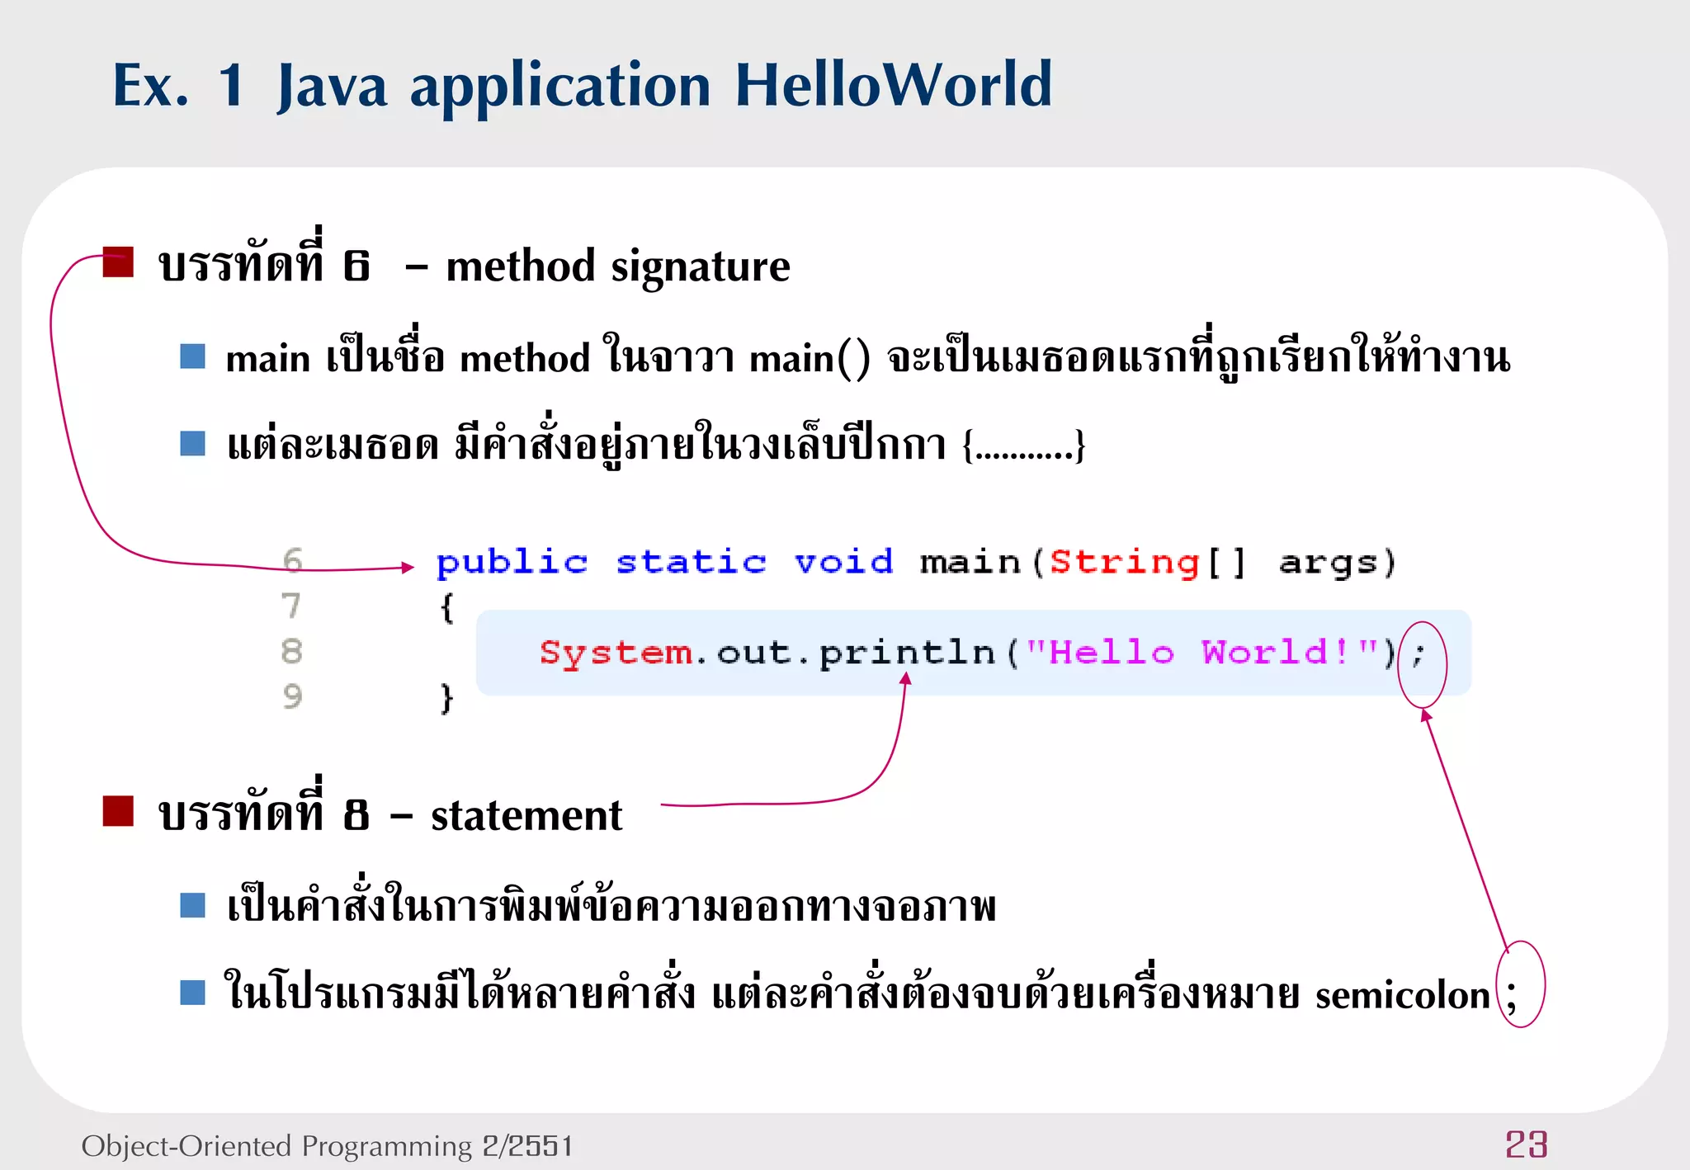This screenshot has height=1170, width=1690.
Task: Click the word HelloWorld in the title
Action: [x=893, y=85]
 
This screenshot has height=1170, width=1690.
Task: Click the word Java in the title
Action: [x=332, y=87]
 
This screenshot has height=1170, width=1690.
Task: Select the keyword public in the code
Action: [x=512, y=564]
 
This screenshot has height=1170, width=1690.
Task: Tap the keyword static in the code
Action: [x=692, y=563]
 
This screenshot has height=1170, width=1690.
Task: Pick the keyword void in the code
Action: [x=843, y=563]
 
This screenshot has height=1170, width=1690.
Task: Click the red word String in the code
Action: [x=1124, y=564]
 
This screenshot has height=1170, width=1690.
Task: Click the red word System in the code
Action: [x=616, y=653]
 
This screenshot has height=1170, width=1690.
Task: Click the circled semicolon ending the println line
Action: [x=1419, y=656]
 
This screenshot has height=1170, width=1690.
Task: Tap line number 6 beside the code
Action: [x=292, y=561]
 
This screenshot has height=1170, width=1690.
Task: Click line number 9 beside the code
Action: [x=292, y=697]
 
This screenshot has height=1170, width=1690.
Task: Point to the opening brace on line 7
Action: [x=446, y=609]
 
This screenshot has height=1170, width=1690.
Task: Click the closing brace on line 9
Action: [x=446, y=699]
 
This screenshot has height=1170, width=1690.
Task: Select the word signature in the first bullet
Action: [x=700, y=267]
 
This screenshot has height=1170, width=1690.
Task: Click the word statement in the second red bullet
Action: [x=526, y=816]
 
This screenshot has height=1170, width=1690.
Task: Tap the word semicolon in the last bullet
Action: [x=1402, y=995]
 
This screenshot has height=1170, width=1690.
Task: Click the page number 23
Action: [x=1526, y=1145]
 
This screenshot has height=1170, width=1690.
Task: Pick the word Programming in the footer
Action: [x=386, y=1147]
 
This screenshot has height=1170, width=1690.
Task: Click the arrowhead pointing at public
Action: [x=408, y=567]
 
